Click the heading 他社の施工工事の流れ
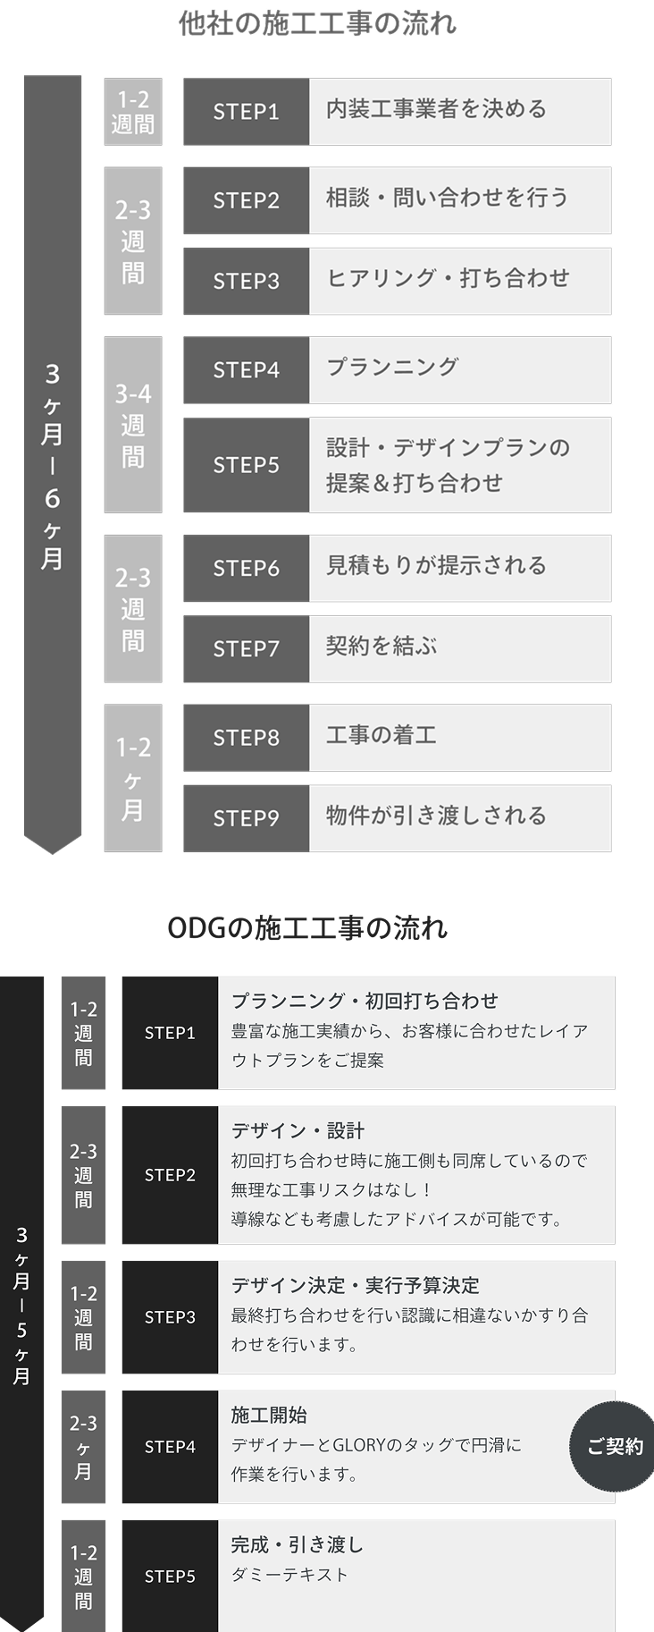point(317,23)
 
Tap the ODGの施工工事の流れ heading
point(307,928)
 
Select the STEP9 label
point(246,818)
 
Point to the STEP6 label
point(246,568)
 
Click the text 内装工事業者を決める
point(436,109)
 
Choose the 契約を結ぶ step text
point(381,646)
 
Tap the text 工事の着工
point(381,735)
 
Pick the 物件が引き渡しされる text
point(436,816)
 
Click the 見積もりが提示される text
point(436,565)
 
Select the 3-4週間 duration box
point(133,425)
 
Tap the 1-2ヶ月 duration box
point(133,778)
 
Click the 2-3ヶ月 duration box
point(83,1447)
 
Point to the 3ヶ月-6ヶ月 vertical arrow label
point(52,465)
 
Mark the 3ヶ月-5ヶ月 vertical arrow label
point(21,1306)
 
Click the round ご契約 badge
point(614,1447)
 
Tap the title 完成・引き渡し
point(298,1544)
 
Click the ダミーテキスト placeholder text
point(289,1575)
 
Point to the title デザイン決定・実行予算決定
point(355,1285)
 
